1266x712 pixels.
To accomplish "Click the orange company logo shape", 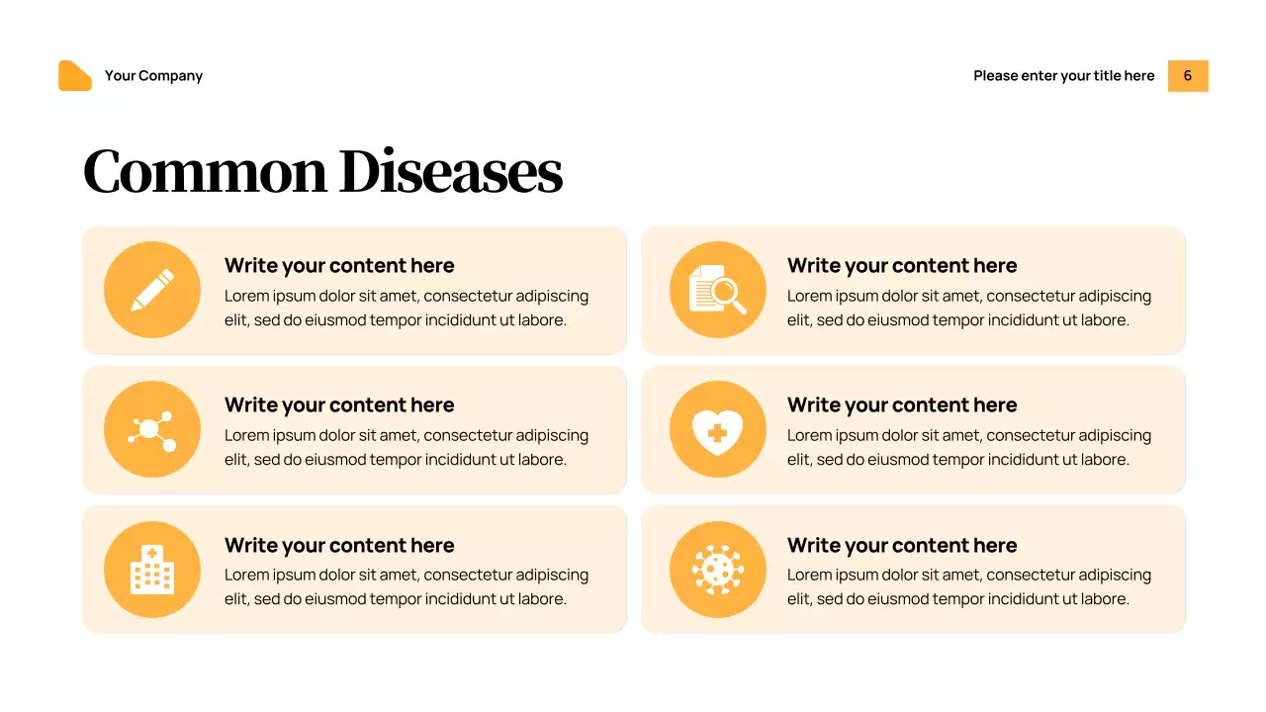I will click(x=75, y=76).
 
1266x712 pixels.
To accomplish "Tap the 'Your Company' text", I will click(x=153, y=76).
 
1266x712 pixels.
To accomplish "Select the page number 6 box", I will click(x=1188, y=76).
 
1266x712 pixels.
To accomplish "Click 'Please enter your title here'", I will click(x=1063, y=76).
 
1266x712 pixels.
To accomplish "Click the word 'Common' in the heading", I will click(x=204, y=171).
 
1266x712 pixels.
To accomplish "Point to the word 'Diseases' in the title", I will click(x=450, y=171).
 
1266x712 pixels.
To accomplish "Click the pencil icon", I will click(x=152, y=290).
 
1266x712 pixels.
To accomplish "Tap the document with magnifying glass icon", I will click(x=717, y=290).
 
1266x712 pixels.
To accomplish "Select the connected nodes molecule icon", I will click(x=152, y=430).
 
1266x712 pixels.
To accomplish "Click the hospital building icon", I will click(x=152, y=570).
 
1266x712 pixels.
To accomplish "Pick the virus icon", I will click(x=717, y=570).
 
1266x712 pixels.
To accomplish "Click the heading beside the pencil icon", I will click(x=339, y=266).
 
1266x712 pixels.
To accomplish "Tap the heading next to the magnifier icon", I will click(x=902, y=266).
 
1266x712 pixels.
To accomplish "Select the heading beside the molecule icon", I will click(x=339, y=405).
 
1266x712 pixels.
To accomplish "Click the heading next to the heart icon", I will click(x=902, y=405).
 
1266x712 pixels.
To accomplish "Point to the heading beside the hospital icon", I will click(x=339, y=546).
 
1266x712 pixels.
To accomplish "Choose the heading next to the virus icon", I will click(x=902, y=546).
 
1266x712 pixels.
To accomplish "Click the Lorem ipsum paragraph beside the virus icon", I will click(x=969, y=586).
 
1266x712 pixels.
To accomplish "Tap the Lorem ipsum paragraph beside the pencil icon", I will click(x=407, y=308).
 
